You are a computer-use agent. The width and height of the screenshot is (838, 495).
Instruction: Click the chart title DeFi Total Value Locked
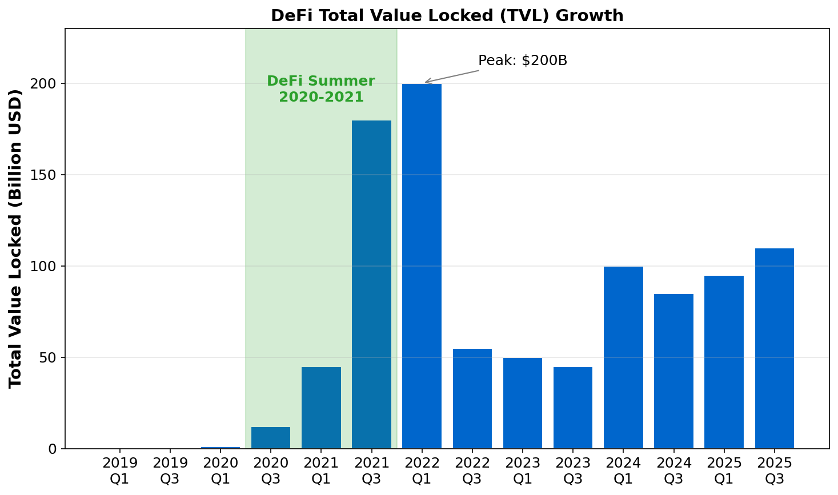(447, 15)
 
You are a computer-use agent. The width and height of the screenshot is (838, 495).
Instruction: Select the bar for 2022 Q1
(422, 266)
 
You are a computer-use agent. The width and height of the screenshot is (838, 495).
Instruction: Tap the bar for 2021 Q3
(371, 284)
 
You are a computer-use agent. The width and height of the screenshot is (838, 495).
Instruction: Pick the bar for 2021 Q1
(321, 408)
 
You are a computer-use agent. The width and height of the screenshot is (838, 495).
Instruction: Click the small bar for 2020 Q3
(271, 438)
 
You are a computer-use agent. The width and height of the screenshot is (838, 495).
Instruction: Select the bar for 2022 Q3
(472, 399)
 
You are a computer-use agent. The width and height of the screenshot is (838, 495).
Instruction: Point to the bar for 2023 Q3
(572, 408)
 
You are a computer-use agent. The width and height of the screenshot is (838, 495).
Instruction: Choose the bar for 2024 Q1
(623, 357)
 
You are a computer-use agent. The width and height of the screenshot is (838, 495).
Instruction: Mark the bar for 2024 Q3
(673, 371)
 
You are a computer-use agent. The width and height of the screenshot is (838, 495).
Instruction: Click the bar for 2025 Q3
(774, 348)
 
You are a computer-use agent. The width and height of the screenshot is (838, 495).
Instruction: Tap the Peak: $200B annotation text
(522, 61)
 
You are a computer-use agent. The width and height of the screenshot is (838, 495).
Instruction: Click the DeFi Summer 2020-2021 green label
(321, 89)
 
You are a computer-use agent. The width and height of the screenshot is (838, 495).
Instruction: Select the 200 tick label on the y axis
(47, 83)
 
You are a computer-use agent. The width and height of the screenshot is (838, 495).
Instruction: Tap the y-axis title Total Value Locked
(15, 239)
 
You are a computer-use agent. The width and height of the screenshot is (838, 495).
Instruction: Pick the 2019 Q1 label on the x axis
(119, 471)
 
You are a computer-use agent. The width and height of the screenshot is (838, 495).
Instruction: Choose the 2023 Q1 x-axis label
(522, 471)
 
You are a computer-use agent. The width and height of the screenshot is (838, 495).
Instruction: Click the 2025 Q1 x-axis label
(724, 471)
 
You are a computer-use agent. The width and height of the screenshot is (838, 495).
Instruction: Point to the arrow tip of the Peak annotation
(425, 83)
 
